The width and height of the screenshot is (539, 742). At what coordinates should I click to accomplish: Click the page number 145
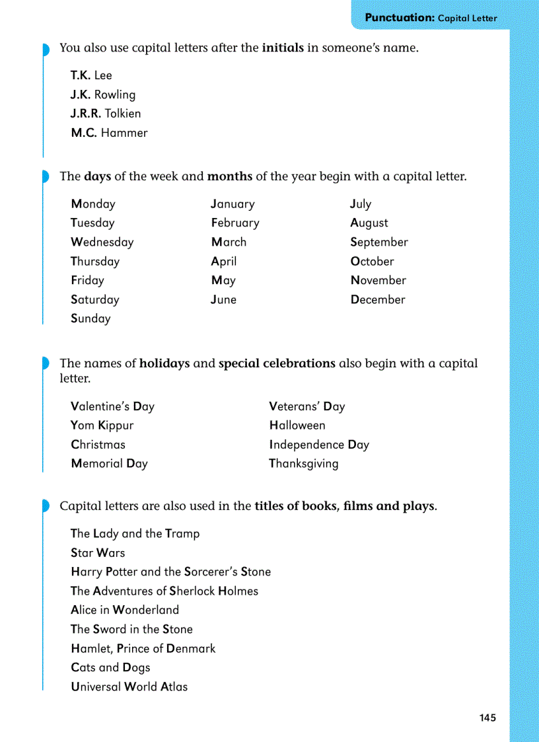487,718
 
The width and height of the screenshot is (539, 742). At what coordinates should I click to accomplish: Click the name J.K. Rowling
103,94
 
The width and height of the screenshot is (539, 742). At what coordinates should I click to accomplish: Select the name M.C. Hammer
109,133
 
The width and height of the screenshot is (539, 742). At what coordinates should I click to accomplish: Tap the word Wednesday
102,242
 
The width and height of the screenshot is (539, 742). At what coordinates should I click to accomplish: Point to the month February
235,223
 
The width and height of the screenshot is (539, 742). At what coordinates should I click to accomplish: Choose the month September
379,242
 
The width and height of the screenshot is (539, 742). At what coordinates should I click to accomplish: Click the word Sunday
90,318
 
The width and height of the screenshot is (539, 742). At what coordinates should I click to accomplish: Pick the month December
378,300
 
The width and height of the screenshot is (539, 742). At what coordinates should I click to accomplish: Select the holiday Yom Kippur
102,426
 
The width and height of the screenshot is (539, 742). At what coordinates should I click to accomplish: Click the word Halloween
297,426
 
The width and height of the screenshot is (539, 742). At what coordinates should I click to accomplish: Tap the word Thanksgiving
303,464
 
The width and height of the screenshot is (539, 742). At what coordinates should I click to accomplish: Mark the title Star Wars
98,553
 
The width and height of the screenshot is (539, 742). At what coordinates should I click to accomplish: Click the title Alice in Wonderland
125,611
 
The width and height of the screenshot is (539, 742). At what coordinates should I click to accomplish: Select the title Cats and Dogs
110,668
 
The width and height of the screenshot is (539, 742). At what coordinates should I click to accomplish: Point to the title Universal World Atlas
129,687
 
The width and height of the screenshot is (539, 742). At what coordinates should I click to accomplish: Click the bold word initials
283,48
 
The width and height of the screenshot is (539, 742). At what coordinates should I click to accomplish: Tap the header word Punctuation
399,18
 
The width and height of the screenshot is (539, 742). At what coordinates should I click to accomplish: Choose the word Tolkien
123,114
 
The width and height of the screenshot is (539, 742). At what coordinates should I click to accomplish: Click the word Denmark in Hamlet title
191,649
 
